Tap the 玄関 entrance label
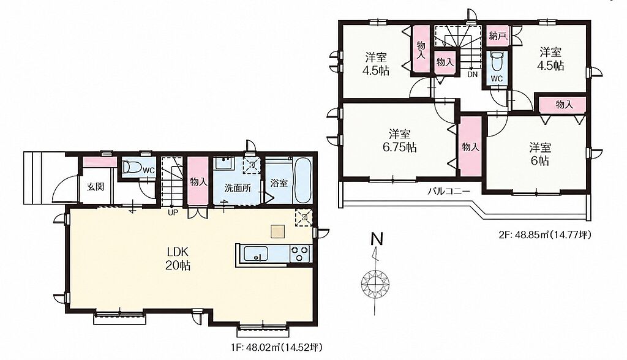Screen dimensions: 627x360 tap(96, 186)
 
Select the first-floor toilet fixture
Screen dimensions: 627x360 tap(131, 167)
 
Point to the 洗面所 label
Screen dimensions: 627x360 tap(237, 188)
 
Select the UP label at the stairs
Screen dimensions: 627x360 tap(173, 212)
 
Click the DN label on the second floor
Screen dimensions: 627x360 tap(472, 75)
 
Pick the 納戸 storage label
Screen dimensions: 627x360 tap(498, 36)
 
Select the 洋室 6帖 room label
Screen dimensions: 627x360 tap(540, 154)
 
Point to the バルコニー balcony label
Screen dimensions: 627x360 tap(448, 191)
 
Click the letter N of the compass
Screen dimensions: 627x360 tap(377, 239)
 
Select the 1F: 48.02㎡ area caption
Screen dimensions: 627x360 tap(276, 348)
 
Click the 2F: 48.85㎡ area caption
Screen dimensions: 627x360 tap(544, 235)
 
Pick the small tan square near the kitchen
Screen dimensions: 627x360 tap(277, 231)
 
